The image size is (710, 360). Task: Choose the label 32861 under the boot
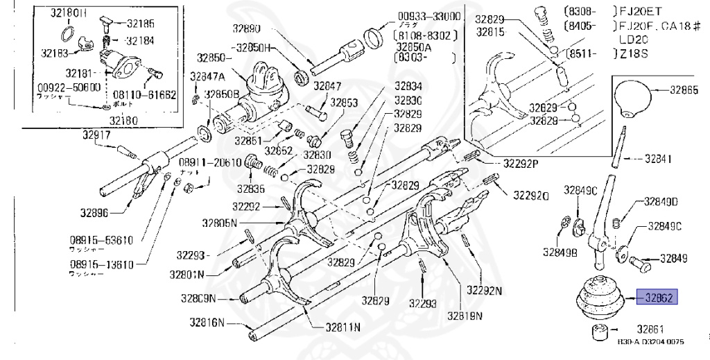tap(652, 329)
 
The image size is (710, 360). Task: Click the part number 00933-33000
tap(429, 17)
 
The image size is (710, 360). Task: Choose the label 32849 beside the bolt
tap(673, 259)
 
